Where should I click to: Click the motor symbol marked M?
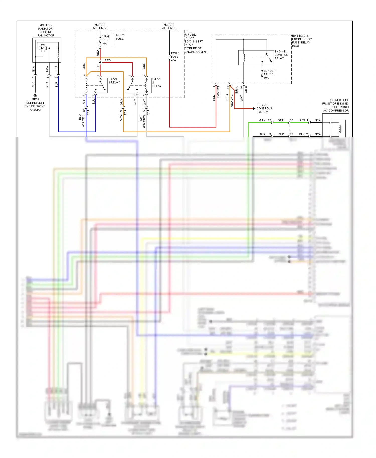coord(43,48)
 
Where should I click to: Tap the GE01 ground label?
coord(35,99)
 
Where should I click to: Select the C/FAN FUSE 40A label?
coord(106,40)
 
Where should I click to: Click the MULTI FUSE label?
coord(120,37)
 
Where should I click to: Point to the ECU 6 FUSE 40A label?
coord(175,57)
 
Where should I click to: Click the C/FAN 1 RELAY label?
coord(114,81)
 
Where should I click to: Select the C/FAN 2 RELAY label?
coord(157,82)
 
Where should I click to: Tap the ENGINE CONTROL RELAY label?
coord(281,55)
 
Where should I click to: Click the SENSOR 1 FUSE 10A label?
coord(269,74)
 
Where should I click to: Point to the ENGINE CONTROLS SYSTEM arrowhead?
coord(254,109)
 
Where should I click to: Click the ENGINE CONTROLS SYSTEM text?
coord(264,109)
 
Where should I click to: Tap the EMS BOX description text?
coord(302,41)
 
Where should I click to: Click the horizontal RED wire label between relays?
coord(108,60)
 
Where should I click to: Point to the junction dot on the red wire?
coord(100,62)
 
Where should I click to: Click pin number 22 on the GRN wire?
coord(269,120)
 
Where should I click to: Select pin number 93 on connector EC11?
coord(121,110)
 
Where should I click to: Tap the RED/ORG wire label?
coord(232,101)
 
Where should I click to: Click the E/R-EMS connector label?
coord(218,92)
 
